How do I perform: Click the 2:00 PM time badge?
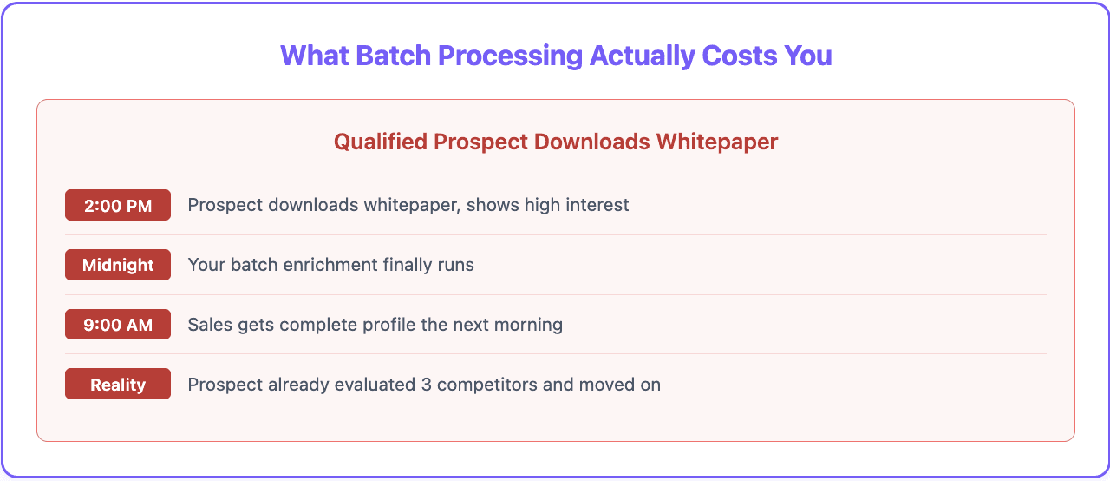[x=118, y=206]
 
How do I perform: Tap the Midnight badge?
[x=118, y=265]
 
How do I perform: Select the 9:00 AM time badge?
[x=118, y=325]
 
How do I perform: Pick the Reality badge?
[x=118, y=385]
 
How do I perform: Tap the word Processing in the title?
[x=510, y=56]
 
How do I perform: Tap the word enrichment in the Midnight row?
[x=324, y=265]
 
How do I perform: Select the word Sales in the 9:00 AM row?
[x=209, y=325]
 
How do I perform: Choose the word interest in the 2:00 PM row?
[x=598, y=206]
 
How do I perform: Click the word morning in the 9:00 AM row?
[x=530, y=325]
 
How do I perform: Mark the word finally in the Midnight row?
[x=403, y=265]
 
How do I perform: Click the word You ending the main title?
[x=808, y=56]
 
